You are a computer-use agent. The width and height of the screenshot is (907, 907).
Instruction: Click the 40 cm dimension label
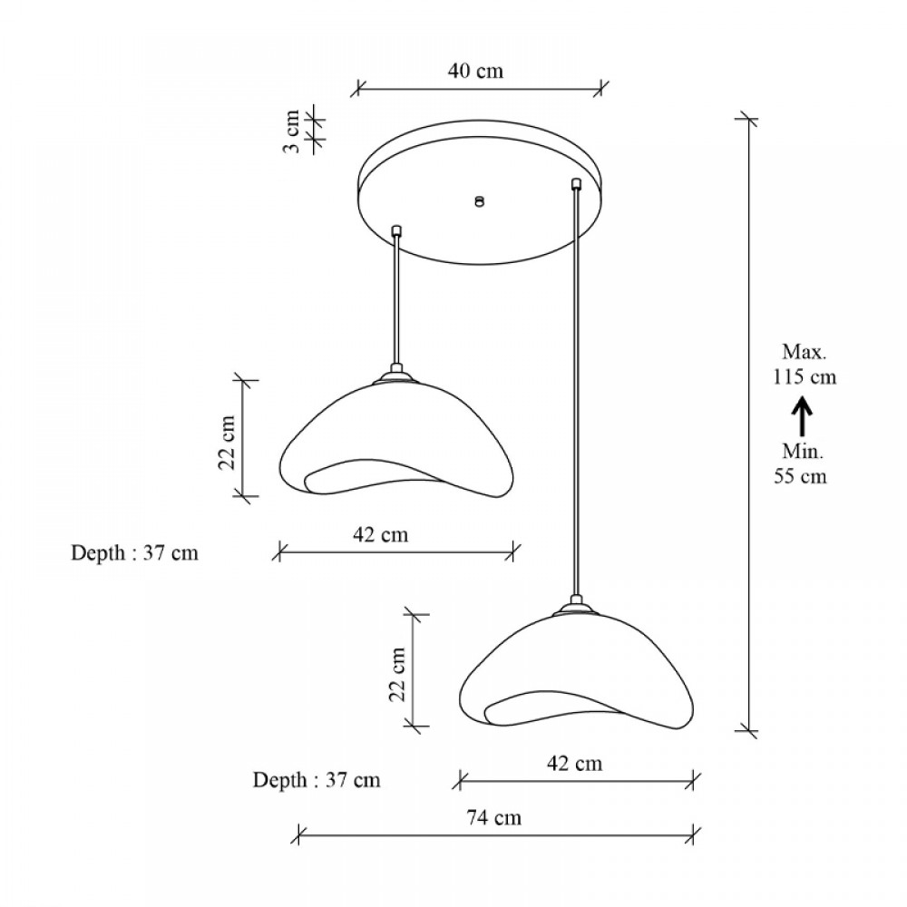point(475,71)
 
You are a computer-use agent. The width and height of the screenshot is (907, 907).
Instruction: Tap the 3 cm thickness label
point(293,131)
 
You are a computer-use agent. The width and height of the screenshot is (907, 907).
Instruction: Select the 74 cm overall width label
point(493,817)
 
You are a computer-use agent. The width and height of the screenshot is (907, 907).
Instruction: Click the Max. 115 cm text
point(805,364)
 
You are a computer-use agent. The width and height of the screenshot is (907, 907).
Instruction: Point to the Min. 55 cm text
point(801,463)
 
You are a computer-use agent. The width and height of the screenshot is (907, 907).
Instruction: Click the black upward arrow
point(803,414)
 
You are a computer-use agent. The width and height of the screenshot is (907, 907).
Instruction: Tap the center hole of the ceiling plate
point(478,201)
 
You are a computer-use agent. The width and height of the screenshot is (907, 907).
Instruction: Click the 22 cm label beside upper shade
point(228,442)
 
